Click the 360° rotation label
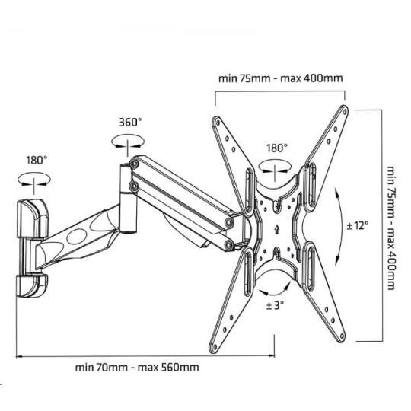[x=130, y=123]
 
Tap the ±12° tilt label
[x=358, y=225]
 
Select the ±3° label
[x=275, y=305]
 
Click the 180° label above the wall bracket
[x=37, y=160]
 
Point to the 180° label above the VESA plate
[x=277, y=148]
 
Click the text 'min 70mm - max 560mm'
[x=137, y=367]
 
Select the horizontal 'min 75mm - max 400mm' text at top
[x=280, y=78]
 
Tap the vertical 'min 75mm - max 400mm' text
[x=390, y=228]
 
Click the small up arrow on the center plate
[x=277, y=229]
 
